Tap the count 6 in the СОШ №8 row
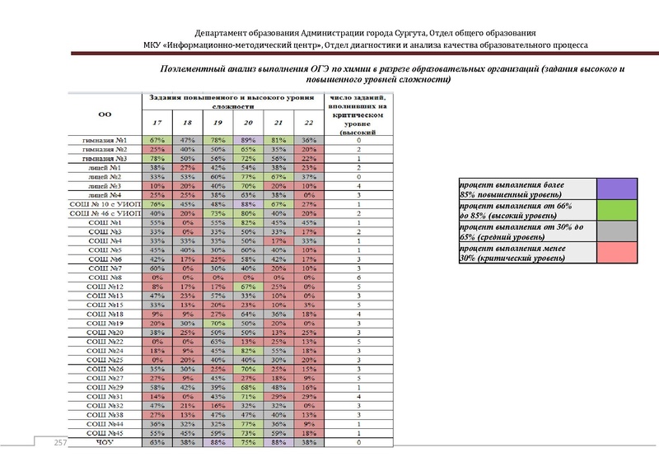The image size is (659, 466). [359, 277]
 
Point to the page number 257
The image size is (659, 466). [60, 443]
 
